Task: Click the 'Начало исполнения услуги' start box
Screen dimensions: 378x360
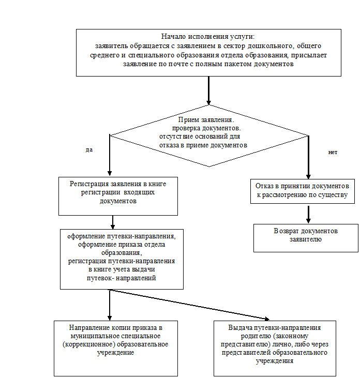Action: [x=208, y=52]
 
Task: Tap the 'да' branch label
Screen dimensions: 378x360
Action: [x=89, y=149]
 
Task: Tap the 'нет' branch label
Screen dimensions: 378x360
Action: [x=333, y=153]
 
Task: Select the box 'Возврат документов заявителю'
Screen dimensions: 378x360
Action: [x=305, y=237]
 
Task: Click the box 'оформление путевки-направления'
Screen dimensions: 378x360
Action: [x=122, y=259]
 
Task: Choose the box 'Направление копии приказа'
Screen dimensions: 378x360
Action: [x=116, y=349]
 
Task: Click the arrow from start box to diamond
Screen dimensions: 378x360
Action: [x=208, y=90]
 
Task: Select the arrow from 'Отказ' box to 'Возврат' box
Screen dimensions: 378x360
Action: [x=308, y=214]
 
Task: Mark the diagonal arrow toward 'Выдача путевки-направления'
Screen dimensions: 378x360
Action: [x=197, y=306]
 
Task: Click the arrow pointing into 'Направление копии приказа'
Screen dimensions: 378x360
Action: [x=110, y=305]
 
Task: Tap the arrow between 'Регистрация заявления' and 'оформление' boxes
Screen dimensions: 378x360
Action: [x=113, y=222]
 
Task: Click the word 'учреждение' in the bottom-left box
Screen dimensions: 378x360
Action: [x=116, y=353]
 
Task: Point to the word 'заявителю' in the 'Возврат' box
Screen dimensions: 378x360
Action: [x=306, y=239]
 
